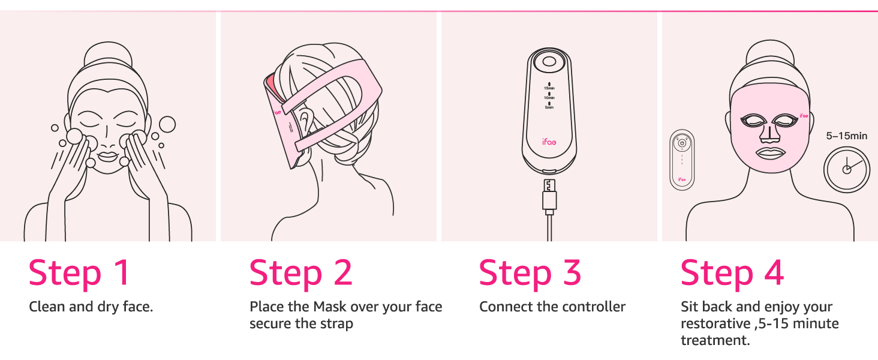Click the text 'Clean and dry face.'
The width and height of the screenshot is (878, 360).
pos(91,307)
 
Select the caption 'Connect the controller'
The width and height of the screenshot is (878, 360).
pos(552,307)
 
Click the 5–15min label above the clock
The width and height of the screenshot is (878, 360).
pos(846,136)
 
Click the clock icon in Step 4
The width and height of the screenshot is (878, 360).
pos(847,169)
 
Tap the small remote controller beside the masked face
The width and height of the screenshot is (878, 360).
pos(682,160)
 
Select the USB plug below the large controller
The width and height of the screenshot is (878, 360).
pos(549,196)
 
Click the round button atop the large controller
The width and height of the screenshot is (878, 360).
pos(549,62)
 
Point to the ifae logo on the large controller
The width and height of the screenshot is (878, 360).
pos(549,142)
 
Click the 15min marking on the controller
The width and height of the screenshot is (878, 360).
pos(549,88)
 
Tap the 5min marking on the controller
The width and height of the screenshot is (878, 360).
pos(549,107)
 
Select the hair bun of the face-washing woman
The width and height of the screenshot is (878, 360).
pos(108,55)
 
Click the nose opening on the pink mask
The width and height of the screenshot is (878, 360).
pos(770,135)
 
